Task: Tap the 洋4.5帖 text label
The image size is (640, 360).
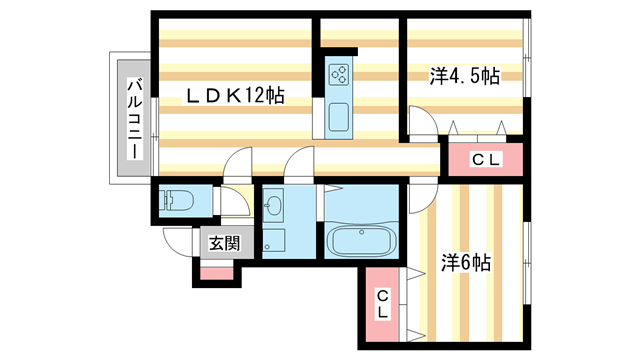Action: [x=465, y=75]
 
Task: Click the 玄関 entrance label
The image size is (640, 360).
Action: [x=224, y=242]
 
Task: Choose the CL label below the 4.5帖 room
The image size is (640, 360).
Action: [x=485, y=158]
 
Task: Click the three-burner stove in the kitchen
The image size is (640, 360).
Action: [x=339, y=73]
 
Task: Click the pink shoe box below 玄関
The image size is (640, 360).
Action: [x=216, y=270]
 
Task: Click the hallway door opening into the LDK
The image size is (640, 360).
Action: [x=238, y=163]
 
